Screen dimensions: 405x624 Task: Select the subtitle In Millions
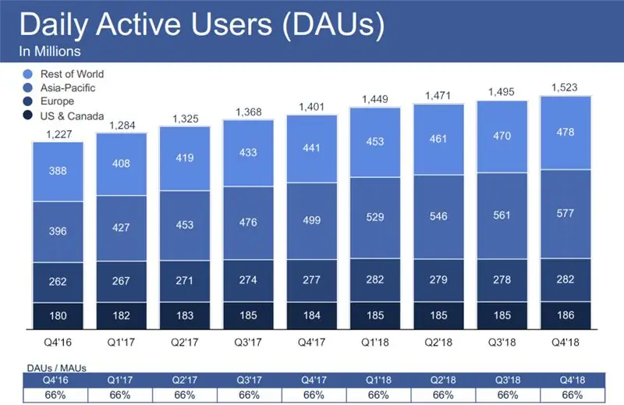(x=49, y=52)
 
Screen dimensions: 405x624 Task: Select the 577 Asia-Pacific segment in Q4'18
(x=566, y=215)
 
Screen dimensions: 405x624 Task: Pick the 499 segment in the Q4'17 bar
(x=312, y=220)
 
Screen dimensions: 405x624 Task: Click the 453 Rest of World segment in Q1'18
(x=375, y=141)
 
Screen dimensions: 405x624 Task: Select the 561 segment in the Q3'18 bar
(x=502, y=217)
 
